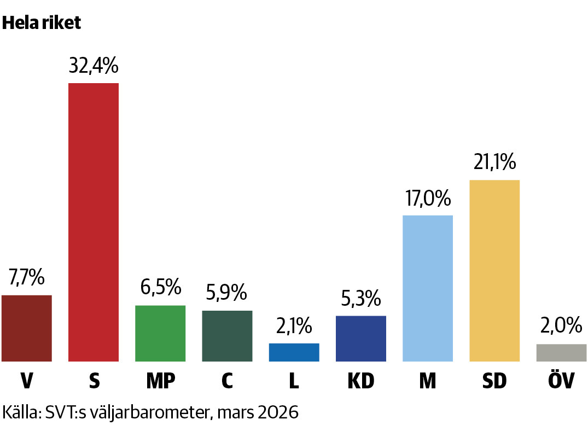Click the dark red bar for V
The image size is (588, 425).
(x=27, y=328)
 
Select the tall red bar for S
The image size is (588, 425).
(x=94, y=222)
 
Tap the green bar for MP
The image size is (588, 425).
(x=160, y=333)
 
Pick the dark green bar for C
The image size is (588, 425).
(x=227, y=336)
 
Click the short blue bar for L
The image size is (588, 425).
(x=294, y=352)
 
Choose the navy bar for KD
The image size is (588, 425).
(x=361, y=339)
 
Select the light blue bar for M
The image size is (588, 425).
(x=428, y=288)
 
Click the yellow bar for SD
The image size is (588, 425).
(x=494, y=271)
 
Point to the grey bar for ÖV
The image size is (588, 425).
(x=561, y=353)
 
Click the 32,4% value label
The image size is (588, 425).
(x=94, y=66)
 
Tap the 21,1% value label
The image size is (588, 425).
(x=494, y=162)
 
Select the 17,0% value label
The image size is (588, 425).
(x=428, y=198)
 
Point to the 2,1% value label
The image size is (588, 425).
(x=294, y=327)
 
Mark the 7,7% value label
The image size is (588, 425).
(x=26, y=278)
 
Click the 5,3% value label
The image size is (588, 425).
(x=361, y=299)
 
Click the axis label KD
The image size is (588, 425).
(x=361, y=381)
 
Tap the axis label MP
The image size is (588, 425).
(x=160, y=381)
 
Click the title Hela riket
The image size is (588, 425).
(x=42, y=23)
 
